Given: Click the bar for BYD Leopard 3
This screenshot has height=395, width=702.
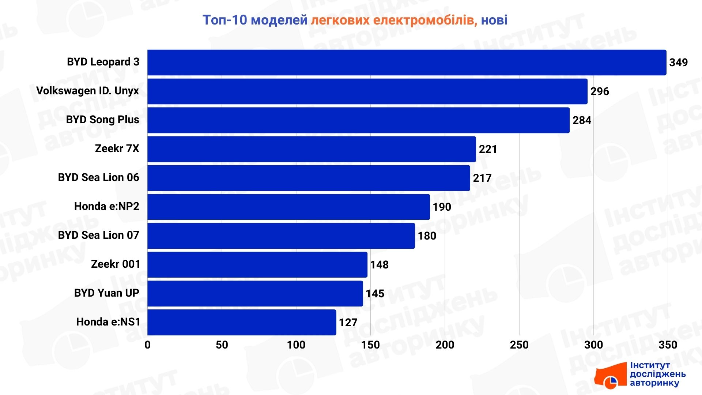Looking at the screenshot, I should click(407, 63).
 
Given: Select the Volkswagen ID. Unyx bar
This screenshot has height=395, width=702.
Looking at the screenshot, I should click(367, 91).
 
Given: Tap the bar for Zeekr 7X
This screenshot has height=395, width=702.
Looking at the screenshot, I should click(312, 149).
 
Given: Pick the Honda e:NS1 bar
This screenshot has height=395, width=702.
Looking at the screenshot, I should click(242, 322).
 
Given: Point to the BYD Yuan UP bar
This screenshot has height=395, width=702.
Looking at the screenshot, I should click(255, 293).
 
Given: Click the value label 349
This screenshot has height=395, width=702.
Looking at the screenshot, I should click(678, 63).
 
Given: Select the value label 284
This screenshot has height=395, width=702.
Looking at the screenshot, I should click(582, 120).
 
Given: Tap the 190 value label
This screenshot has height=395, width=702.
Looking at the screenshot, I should click(442, 207).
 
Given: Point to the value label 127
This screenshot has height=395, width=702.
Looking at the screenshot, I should click(348, 323).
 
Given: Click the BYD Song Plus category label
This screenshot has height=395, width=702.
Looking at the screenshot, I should click(102, 120).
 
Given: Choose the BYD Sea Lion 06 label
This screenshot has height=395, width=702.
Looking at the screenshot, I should click(98, 177).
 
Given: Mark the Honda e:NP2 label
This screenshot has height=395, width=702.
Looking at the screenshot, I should click(106, 206).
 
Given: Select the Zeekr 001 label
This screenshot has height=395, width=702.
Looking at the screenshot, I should click(116, 264).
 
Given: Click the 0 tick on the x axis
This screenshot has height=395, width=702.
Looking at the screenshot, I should click(147, 345).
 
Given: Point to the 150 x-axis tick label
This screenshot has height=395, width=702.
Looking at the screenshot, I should click(370, 345).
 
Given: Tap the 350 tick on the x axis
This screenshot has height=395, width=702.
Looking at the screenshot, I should click(668, 345).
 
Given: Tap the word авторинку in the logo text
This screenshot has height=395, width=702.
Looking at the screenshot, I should click(654, 383).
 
